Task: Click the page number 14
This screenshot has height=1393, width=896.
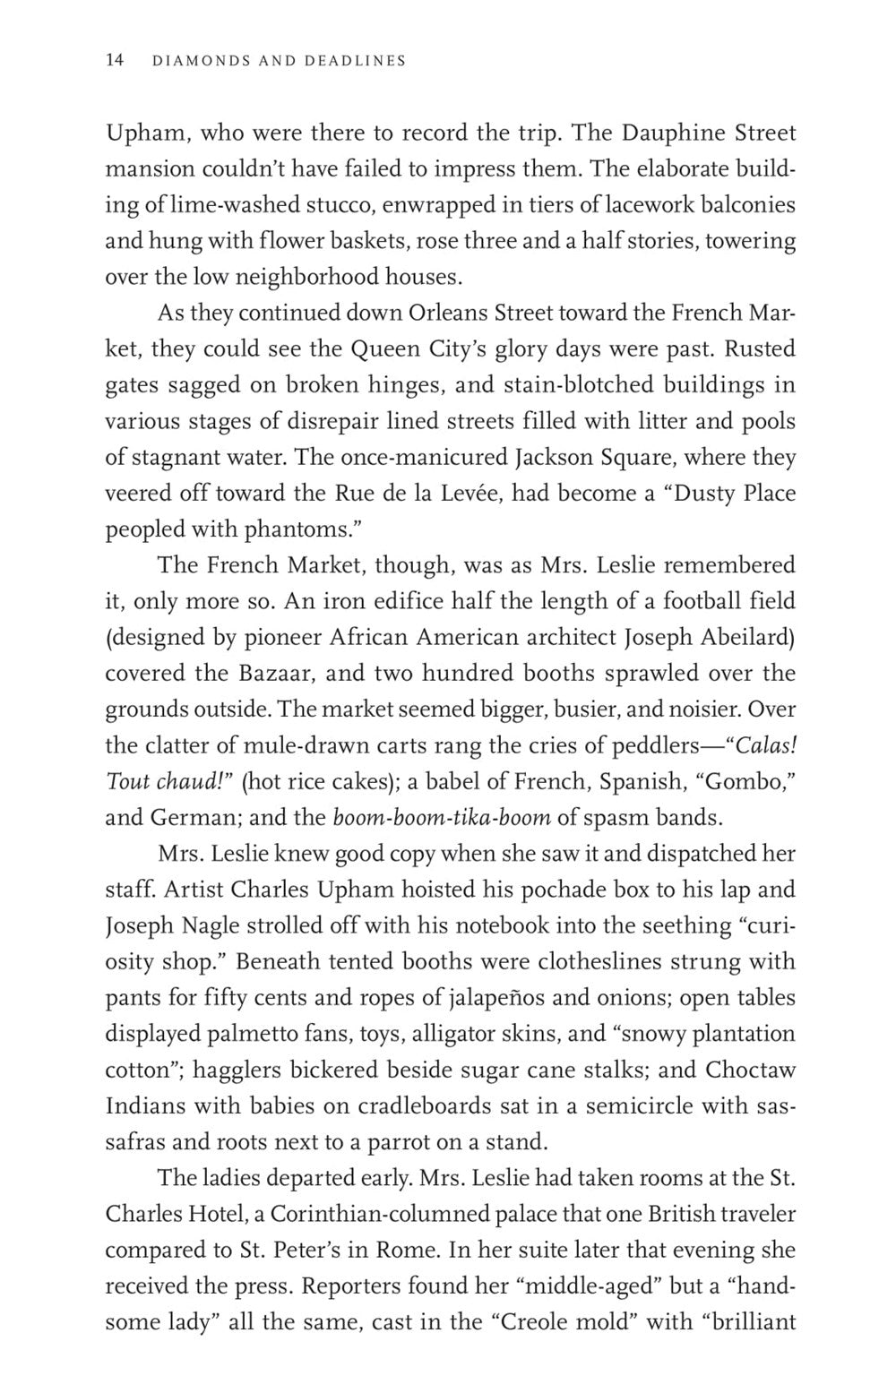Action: (114, 61)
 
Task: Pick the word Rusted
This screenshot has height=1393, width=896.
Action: (760, 349)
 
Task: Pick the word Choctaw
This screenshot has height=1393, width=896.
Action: (750, 1071)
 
